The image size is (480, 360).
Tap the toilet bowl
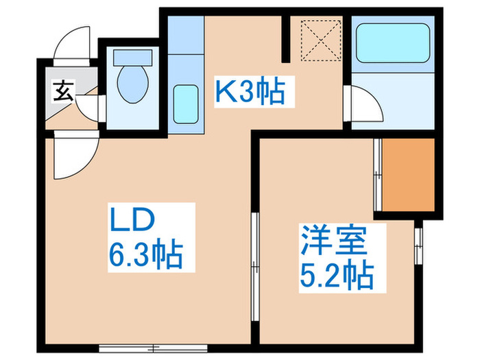coord(132,83)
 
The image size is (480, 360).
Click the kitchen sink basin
coord(184,101)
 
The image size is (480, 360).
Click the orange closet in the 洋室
coord(409,176)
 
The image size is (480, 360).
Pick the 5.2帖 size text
coord(335,276)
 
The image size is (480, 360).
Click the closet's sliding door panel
coord(377,176)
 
